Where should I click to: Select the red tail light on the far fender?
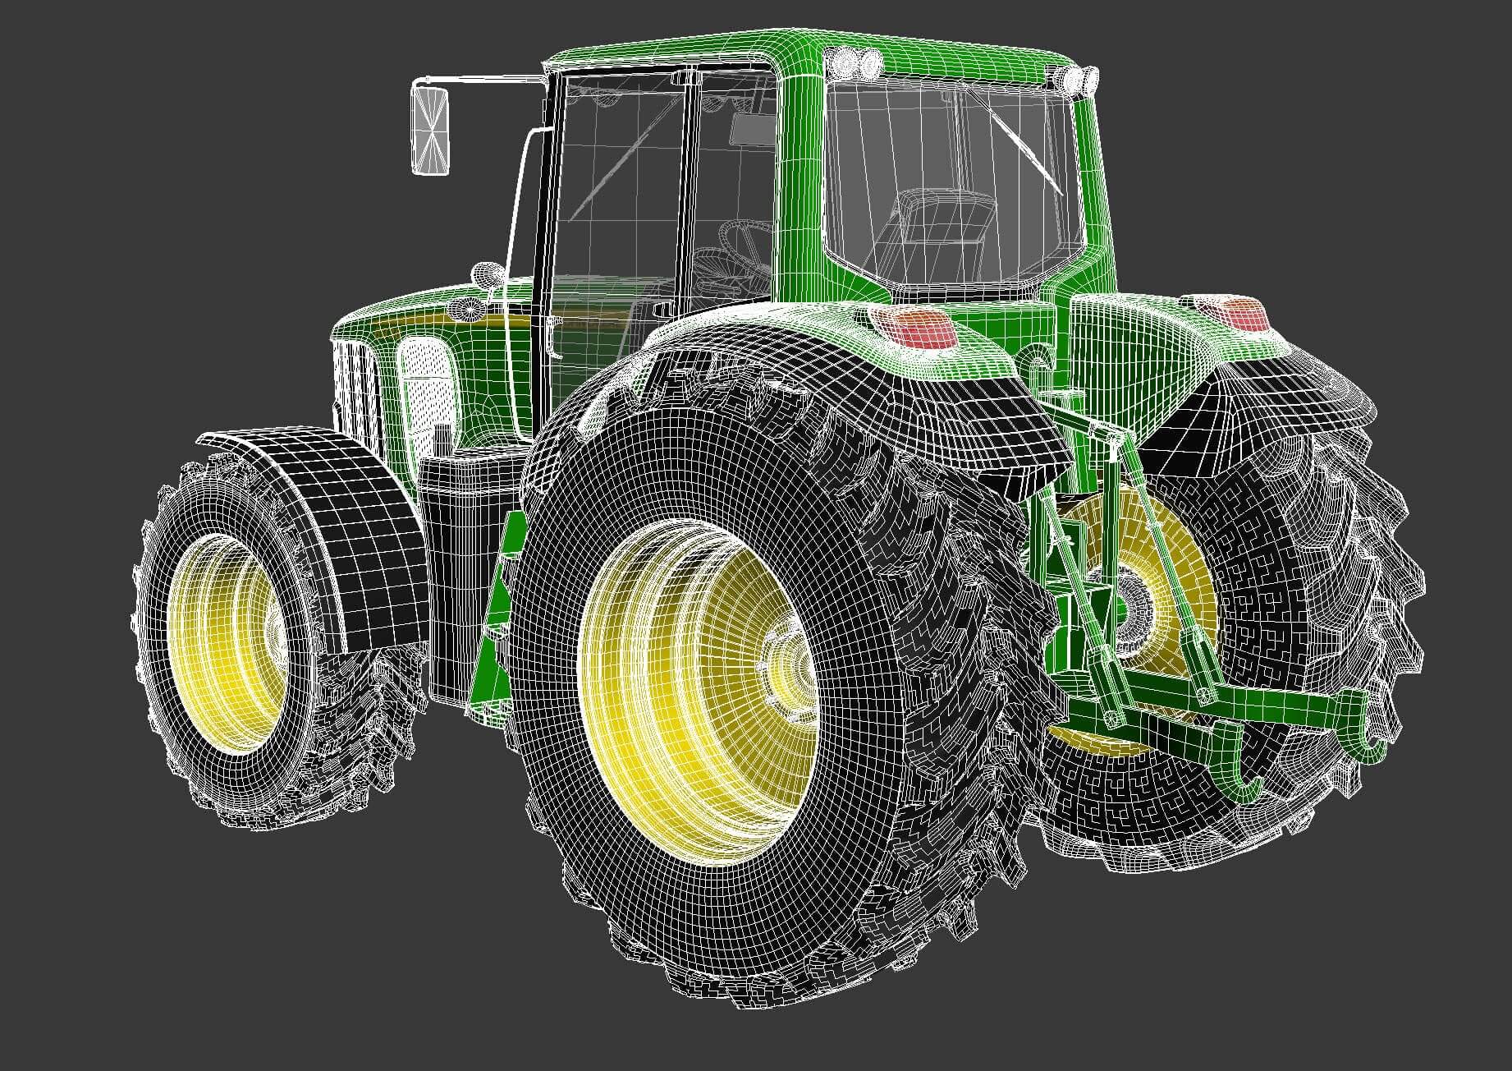[1237, 315]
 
